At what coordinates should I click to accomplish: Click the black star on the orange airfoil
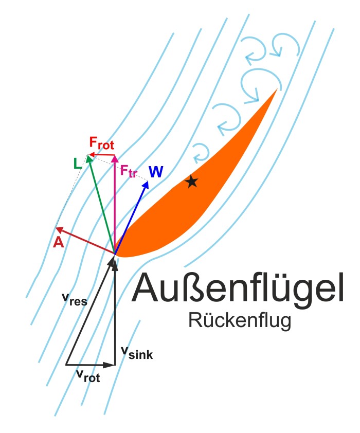pyautogui.click(x=191, y=181)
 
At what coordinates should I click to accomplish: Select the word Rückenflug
pyautogui.click(x=240, y=320)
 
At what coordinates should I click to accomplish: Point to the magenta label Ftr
pyautogui.click(x=129, y=170)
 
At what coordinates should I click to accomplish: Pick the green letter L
pyautogui.click(x=78, y=164)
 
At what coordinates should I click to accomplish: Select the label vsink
pyautogui.click(x=137, y=352)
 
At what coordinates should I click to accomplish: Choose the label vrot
pyautogui.click(x=87, y=376)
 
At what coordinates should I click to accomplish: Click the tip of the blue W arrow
pyautogui.click(x=149, y=181)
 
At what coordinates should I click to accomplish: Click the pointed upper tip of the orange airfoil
pyautogui.click(x=276, y=90)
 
